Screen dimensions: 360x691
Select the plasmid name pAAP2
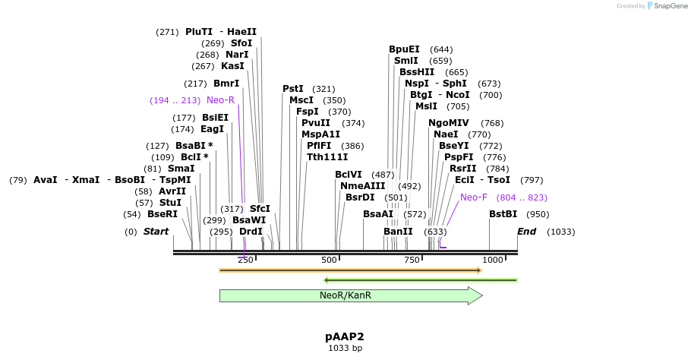pos(345,336)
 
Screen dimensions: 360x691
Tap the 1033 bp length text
pos(345,348)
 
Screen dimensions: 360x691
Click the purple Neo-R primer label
pos(220,100)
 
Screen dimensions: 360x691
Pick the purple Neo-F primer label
pos(474,197)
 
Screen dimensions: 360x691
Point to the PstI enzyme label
pos(293,89)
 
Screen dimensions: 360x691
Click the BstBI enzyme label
pos(503,214)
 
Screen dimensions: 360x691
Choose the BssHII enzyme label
pos(417,72)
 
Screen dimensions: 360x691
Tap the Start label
pos(156,231)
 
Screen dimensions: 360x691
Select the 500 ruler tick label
pos(329,260)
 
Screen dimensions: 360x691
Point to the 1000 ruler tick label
pos(493,260)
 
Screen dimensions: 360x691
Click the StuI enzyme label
pos(170,203)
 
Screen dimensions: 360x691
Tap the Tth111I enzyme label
pos(327,156)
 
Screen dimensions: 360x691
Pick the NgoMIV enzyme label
pos(449,123)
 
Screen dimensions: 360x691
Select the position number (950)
pos(538,214)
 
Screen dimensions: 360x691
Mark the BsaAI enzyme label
pos(378,214)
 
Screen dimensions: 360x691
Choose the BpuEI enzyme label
pos(404,49)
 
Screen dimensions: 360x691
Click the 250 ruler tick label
pos(245,260)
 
